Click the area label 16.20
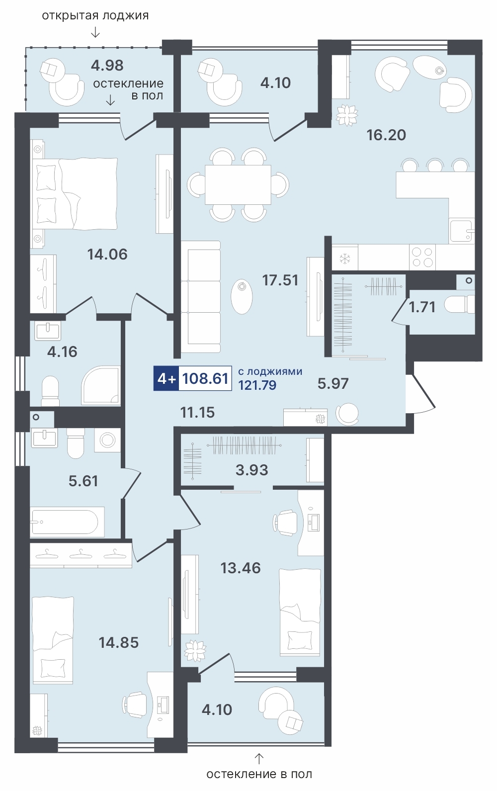click(x=386, y=135)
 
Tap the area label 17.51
click(x=280, y=280)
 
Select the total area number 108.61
click(x=205, y=378)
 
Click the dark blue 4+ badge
click(x=166, y=378)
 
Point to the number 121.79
click(x=257, y=385)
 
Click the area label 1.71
click(x=422, y=307)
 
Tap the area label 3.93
click(x=251, y=470)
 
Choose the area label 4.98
click(x=107, y=65)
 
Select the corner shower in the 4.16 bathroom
click(x=101, y=385)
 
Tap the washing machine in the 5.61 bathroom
click(x=107, y=440)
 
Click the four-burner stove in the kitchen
click(x=422, y=257)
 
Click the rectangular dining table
click(x=238, y=184)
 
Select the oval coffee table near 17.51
click(x=242, y=297)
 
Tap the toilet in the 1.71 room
click(x=459, y=305)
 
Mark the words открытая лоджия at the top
click(x=95, y=15)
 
